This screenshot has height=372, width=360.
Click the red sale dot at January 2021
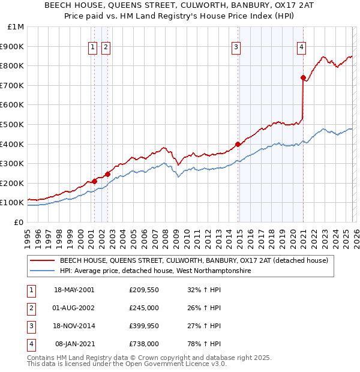303,77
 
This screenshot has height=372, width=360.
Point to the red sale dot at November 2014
238,144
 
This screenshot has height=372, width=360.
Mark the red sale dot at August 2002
107,174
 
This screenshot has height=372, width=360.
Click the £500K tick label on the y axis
12,124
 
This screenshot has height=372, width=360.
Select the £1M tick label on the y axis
15,26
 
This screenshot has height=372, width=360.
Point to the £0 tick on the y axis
19,222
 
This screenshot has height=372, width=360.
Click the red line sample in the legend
42,261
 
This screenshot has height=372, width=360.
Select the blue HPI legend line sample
42,271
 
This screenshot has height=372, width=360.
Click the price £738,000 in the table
143,344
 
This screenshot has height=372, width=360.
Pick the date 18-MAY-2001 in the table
74,290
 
